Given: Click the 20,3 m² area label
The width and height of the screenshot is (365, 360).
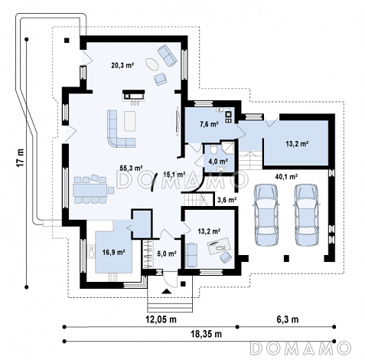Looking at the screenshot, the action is [x=122, y=65].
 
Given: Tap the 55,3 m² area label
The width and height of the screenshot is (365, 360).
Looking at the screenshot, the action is [x=132, y=168].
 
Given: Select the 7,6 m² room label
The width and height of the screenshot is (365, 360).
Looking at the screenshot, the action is [x=209, y=125].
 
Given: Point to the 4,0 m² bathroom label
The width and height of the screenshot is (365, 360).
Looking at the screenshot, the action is [x=218, y=161].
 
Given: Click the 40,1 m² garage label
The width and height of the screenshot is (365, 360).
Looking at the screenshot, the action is [x=287, y=176].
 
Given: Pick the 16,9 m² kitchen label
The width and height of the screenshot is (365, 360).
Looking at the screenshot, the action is [x=113, y=253].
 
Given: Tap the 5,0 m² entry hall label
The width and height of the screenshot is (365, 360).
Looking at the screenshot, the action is [x=167, y=254].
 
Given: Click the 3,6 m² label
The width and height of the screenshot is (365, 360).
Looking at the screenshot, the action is [x=226, y=200].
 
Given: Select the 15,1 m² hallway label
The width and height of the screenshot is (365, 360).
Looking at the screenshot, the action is [x=174, y=175].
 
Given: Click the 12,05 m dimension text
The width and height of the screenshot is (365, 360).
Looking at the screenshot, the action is [x=161, y=319].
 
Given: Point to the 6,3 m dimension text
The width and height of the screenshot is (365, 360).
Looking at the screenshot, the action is [x=288, y=319].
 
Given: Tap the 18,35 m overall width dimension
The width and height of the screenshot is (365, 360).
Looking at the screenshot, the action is [x=206, y=333].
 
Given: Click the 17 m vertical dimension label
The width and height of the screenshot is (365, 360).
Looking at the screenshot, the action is [x=21, y=158].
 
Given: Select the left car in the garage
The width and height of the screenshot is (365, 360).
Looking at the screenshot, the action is [x=266, y=215].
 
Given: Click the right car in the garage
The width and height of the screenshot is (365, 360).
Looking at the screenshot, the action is [x=306, y=215].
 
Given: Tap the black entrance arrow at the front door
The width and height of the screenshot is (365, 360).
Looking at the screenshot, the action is [x=166, y=292].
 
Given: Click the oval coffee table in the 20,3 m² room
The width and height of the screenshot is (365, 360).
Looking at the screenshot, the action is [x=152, y=64].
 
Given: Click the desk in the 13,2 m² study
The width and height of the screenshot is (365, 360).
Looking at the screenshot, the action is [x=218, y=245].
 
